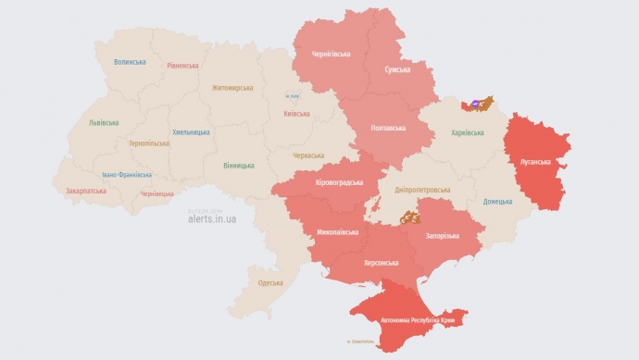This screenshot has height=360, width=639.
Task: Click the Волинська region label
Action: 130,62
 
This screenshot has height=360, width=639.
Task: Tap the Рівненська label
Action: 182,66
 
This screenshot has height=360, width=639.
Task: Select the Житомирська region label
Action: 232,88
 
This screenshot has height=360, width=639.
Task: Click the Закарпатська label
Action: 85,191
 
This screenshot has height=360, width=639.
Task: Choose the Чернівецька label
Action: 157,193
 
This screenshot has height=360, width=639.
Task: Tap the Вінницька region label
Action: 238,166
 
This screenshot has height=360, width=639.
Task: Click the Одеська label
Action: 270,282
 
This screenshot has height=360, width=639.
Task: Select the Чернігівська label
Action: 331,54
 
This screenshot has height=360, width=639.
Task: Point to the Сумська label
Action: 399,69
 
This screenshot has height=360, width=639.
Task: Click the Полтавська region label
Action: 386,127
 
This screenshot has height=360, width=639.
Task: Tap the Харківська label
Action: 467,133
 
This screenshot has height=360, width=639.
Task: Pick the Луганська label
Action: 536,161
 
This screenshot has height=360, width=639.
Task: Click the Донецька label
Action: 497,201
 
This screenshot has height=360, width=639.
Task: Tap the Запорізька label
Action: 442,236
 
